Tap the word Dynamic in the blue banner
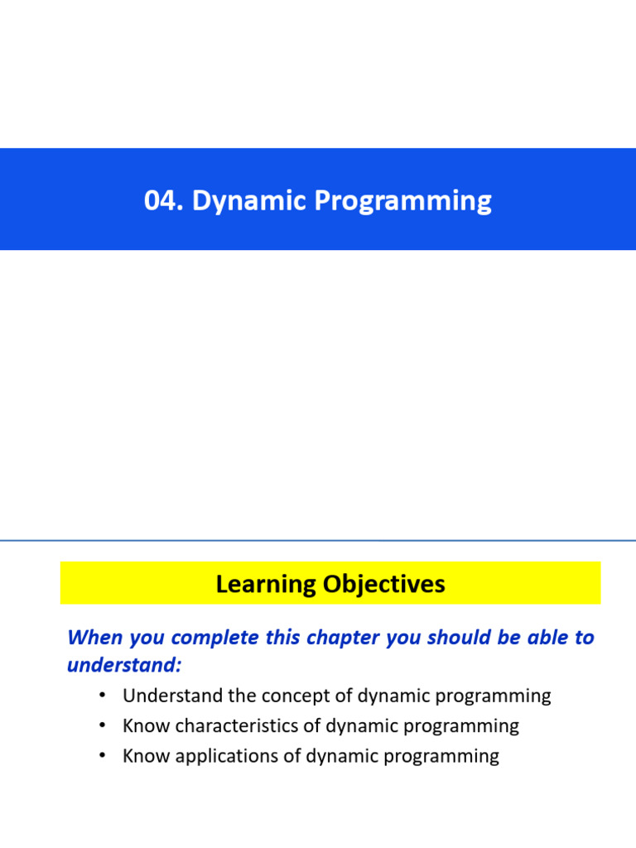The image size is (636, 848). [249, 201]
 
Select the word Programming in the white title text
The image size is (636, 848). [403, 201]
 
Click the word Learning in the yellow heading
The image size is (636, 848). [266, 585]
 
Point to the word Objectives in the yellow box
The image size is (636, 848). [384, 584]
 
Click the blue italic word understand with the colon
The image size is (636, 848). [124, 665]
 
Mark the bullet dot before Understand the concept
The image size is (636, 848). [102, 695]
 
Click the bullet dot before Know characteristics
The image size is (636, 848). [102, 725]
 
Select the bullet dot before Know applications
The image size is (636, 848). [102, 755]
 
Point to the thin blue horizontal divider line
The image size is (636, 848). [318, 540]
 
